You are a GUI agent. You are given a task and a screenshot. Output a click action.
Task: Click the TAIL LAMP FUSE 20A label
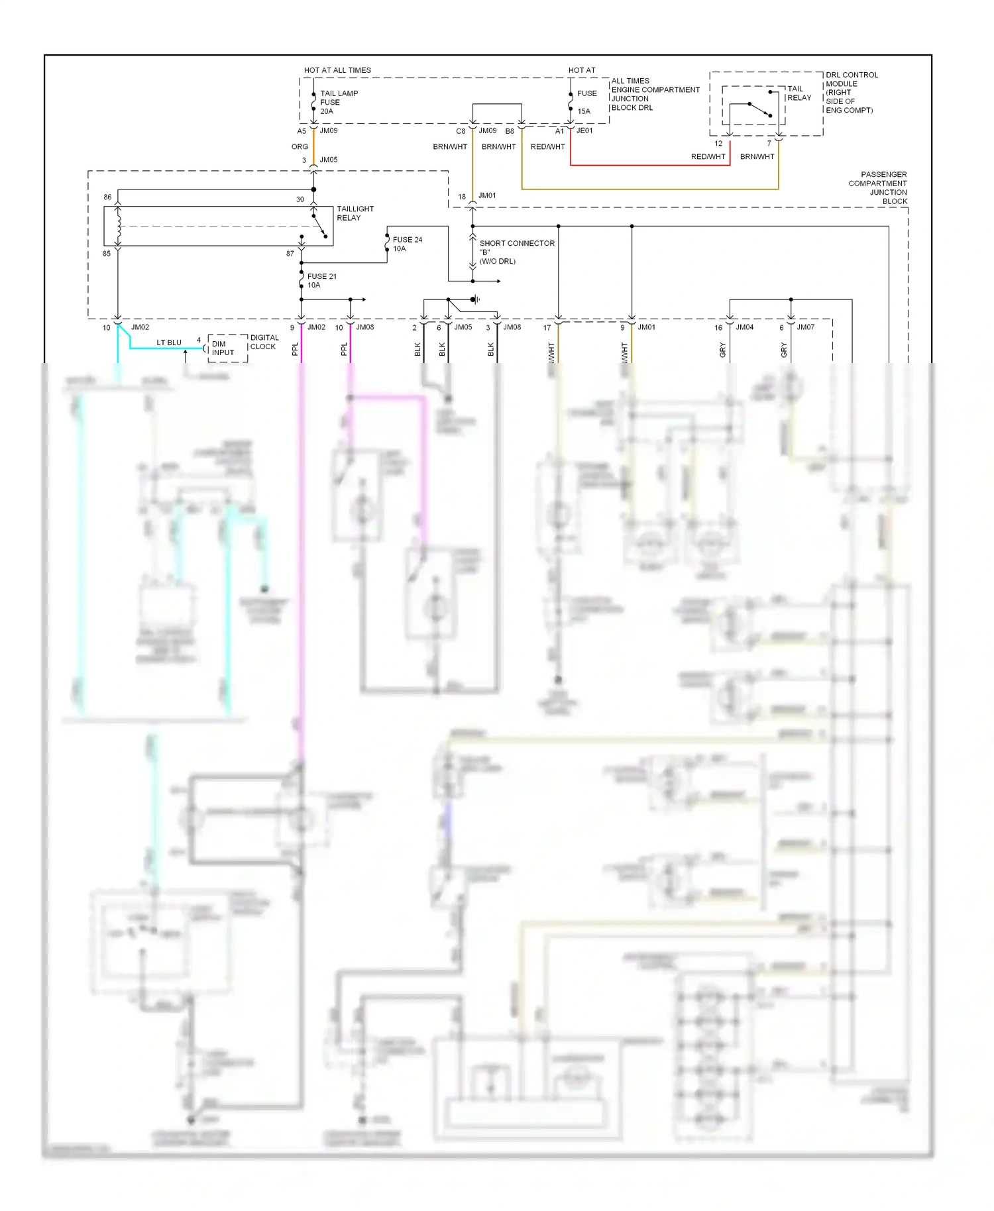pos(338,102)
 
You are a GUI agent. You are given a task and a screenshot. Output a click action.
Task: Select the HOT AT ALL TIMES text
pos(337,70)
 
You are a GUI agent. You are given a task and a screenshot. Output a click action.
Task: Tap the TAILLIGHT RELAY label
pos(355,213)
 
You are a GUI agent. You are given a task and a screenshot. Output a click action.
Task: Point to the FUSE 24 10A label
pos(407,244)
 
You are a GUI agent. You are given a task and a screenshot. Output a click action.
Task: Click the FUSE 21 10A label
pos(321,280)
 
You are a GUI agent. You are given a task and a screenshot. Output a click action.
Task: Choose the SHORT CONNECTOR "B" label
pos(516,252)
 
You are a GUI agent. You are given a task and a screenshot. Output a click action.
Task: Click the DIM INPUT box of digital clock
pos(223,348)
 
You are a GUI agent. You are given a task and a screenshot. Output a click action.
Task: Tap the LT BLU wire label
pos(168,342)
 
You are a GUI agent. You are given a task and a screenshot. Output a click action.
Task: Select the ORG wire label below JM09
pos(300,147)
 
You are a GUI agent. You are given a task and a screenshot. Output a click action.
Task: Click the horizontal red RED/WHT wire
pos(649,165)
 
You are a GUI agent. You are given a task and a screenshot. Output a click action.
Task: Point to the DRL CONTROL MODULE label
pos(851,92)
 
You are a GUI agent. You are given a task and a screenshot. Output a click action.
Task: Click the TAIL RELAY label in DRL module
pos(799,93)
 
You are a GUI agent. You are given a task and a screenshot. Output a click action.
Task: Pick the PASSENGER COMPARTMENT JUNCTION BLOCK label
pos(877,187)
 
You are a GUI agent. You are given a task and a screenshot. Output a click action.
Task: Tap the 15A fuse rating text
pos(583,111)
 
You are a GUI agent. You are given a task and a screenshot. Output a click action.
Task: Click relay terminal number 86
pos(107,197)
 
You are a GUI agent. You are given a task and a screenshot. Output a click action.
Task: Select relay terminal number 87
pos(290,254)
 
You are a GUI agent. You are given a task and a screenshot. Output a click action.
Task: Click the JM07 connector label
pos(805,327)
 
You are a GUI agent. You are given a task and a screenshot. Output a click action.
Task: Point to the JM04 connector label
pos(744,327)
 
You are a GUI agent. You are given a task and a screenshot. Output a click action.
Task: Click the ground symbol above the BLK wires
pos(476,299)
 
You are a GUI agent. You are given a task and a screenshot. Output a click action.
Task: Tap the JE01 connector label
pos(584,131)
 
